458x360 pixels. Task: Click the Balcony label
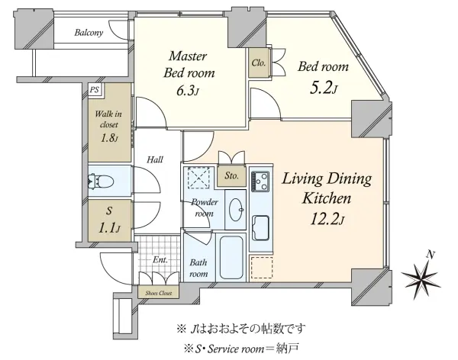click(89, 33)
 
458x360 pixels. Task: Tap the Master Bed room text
click(189, 65)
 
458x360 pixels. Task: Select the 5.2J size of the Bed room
click(324, 88)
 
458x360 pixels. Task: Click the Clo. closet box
click(258, 63)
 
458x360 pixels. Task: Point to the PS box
click(94, 89)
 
